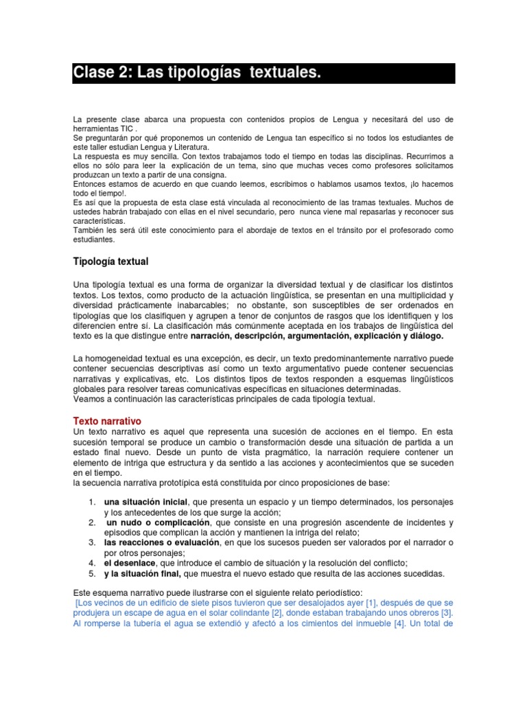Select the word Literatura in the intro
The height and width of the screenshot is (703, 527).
(x=187, y=147)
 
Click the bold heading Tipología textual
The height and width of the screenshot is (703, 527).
(x=110, y=262)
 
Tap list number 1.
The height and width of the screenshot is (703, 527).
(x=91, y=502)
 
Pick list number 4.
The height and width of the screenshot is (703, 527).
(x=91, y=562)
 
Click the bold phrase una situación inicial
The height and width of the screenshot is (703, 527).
(x=145, y=502)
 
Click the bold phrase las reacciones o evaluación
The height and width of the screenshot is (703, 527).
(x=160, y=542)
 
